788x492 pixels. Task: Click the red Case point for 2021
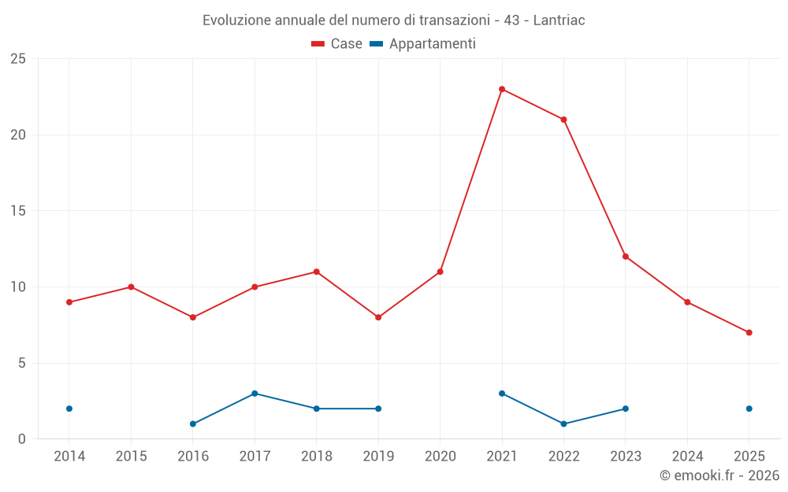coord(502,89)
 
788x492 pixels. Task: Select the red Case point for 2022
coord(563,120)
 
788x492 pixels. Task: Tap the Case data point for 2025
coord(749,332)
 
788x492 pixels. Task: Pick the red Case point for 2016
coord(193,317)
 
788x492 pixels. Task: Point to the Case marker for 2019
coord(378,317)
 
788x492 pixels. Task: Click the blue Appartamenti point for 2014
coord(69,409)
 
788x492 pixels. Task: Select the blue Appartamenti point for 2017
coord(255,394)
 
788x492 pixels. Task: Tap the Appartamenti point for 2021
coord(502,394)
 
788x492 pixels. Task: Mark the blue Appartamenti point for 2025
coord(749,409)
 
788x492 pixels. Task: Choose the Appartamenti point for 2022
coord(563,424)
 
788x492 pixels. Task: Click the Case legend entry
coord(336,44)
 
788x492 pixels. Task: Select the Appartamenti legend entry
coord(423,44)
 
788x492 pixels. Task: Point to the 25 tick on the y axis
coord(18,59)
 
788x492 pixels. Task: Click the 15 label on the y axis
coord(18,211)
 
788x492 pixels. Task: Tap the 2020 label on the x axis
coord(440,457)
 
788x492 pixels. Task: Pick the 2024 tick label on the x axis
coord(687,457)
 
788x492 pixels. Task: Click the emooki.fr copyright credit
coord(719,475)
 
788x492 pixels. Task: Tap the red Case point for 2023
coord(625,257)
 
